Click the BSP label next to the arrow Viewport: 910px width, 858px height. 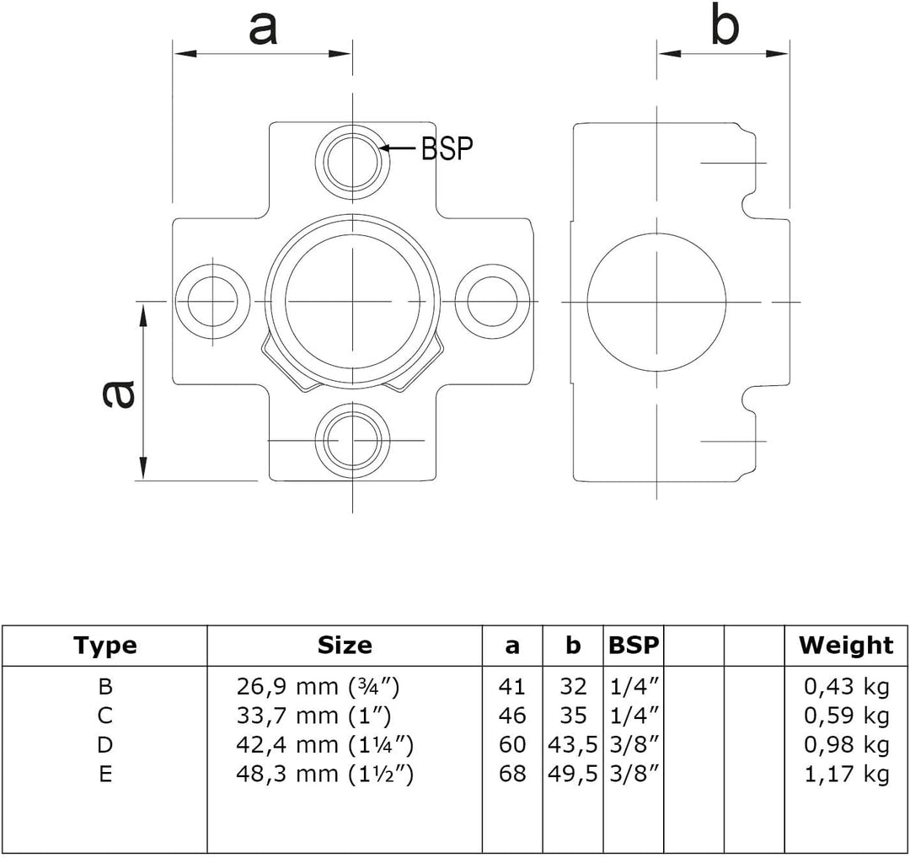click(x=447, y=148)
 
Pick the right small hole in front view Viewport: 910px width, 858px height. click(x=492, y=301)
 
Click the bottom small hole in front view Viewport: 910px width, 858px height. click(x=353, y=441)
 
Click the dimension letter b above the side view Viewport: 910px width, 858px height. click(x=725, y=25)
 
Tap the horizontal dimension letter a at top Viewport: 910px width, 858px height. click(x=263, y=29)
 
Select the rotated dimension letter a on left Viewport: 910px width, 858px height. click(x=119, y=394)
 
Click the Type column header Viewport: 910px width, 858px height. click(x=105, y=646)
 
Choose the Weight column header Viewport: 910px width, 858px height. click(x=846, y=646)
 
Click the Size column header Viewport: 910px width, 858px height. click(x=345, y=645)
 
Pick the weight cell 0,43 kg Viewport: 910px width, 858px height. click(x=847, y=687)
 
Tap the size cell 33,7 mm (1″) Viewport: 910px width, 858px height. click(x=314, y=716)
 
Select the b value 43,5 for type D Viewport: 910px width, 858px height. click(x=573, y=745)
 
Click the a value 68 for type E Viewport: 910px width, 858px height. click(x=512, y=774)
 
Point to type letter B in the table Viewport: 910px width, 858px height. click(x=105, y=687)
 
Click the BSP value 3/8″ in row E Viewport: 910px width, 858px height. click(x=635, y=774)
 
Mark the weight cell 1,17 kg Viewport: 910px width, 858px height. click(x=847, y=774)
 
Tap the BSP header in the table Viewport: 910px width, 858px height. click(x=634, y=645)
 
